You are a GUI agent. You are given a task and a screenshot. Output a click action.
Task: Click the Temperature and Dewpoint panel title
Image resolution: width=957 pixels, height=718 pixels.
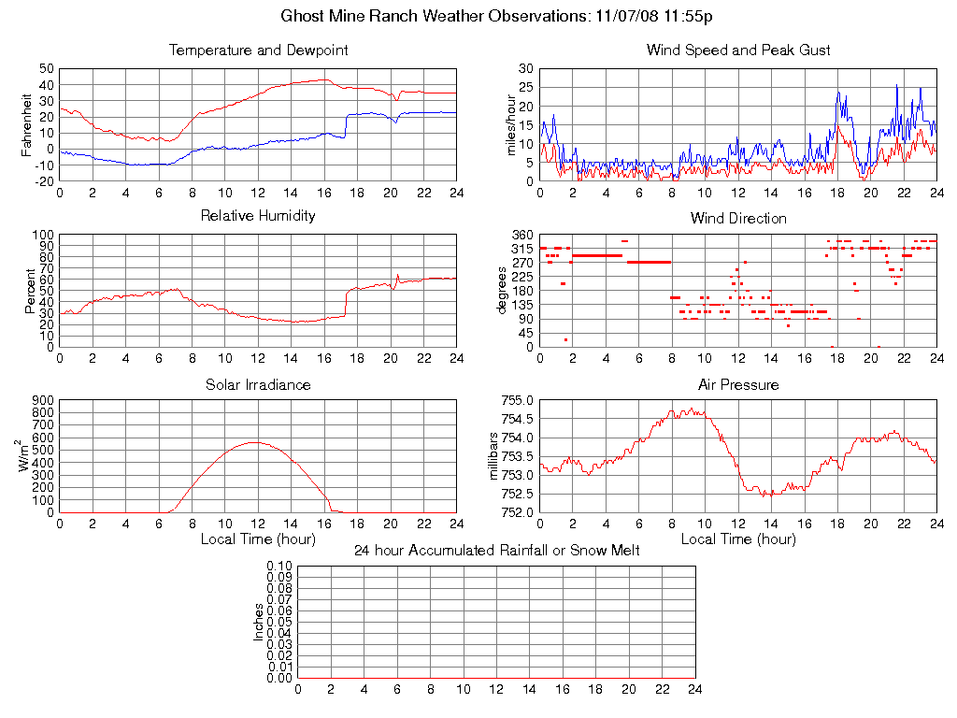point(258,50)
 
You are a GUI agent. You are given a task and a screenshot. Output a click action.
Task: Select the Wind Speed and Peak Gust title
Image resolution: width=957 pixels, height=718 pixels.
point(738,50)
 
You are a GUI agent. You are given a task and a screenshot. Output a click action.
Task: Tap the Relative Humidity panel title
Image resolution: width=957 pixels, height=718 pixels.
point(258,216)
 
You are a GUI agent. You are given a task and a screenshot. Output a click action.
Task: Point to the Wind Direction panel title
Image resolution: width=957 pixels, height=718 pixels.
point(738,218)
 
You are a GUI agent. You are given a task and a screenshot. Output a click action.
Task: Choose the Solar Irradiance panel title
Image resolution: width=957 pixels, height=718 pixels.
point(258,384)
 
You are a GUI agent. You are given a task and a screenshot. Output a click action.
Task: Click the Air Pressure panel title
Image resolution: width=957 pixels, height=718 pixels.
point(738,384)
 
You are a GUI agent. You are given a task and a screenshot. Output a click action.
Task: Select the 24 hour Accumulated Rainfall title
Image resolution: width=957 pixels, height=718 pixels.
point(496,551)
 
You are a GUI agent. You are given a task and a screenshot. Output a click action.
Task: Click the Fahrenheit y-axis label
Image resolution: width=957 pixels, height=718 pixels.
point(27,124)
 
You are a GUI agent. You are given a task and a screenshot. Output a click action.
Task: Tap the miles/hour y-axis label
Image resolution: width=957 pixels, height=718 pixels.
point(511,124)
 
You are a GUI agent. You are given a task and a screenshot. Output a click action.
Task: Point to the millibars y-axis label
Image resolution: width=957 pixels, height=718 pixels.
point(494,456)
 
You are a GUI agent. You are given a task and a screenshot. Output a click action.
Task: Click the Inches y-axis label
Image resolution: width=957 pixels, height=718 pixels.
point(259,622)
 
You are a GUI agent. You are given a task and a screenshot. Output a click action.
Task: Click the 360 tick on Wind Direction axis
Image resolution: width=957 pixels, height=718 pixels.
point(523,235)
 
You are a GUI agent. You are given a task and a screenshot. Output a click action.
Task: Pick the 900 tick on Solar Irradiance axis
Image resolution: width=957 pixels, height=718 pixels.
point(43,400)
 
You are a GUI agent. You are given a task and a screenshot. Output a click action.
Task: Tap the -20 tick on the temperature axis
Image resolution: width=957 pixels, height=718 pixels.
point(45,181)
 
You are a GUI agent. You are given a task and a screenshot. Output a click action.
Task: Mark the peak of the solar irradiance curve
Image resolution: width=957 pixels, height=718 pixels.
point(255,442)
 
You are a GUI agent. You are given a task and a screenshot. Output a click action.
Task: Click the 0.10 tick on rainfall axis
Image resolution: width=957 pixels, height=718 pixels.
point(279,567)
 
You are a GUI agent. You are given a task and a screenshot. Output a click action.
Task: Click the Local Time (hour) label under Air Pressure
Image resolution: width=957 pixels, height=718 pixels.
point(738,539)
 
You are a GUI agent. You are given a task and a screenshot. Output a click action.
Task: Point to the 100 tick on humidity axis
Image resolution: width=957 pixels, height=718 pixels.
point(43,235)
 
